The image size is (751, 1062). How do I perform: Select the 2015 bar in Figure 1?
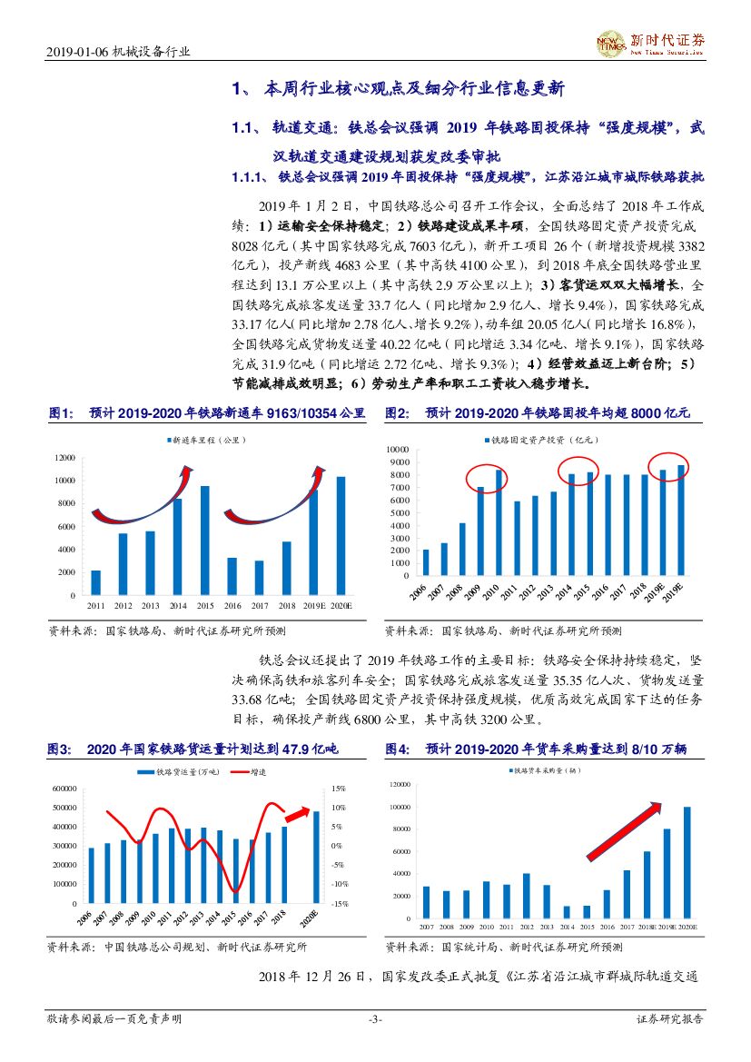tap(204, 540)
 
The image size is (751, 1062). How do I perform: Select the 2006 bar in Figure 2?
tap(426, 561)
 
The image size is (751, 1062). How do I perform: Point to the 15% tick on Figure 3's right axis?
tap(338, 789)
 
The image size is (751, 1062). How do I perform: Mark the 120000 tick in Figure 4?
tap(400, 783)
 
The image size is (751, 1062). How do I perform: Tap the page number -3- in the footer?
tap(375, 1019)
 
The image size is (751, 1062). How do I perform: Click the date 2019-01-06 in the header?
tap(76, 53)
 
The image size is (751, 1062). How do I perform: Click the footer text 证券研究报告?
tap(668, 1019)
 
